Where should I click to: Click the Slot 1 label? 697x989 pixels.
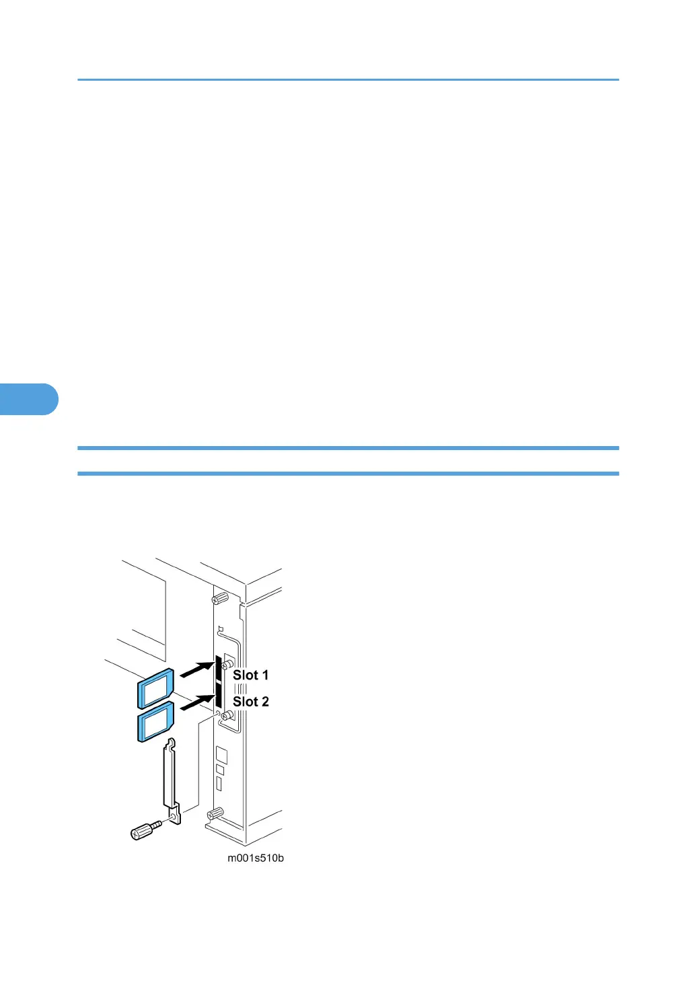pyautogui.click(x=250, y=675)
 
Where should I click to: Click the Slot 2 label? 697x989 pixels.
pyautogui.click(x=250, y=702)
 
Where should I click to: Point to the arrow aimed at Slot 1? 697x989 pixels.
pyautogui.click(x=196, y=669)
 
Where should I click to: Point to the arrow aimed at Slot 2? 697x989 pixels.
pyautogui.click(x=196, y=703)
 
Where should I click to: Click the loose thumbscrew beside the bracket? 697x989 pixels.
pyautogui.click(x=145, y=830)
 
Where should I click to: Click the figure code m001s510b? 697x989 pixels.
pyautogui.click(x=255, y=858)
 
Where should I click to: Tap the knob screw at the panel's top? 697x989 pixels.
pyautogui.click(x=219, y=598)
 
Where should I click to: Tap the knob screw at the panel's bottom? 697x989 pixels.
pyautogui.click(x=215, y=814)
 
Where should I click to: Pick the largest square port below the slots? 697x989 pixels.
pyautogui.click(x=221, y=754)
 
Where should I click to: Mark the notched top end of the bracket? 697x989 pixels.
pyautogui.click(x=171, y=745)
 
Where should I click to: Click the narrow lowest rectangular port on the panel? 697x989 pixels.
pyautogui.click(x=219, y=784)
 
